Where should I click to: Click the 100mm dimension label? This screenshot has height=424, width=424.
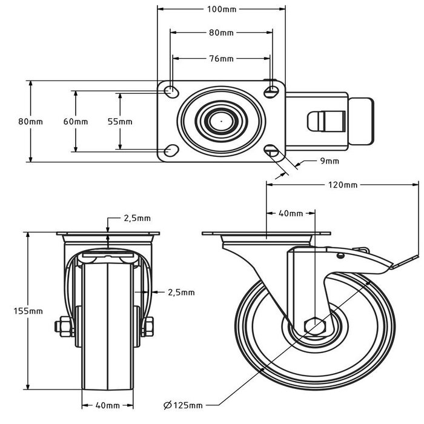click(221, 9)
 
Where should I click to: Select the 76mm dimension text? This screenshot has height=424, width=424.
click(221, 59)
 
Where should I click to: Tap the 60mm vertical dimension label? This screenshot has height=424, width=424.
click(76, 121)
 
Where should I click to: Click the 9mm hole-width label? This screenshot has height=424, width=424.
click(330, 161)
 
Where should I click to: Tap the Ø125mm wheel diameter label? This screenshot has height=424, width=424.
click(183, 405)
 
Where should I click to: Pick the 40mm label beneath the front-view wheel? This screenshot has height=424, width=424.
click(107, 405)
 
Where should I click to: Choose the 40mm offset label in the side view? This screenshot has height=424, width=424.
click(291, 213)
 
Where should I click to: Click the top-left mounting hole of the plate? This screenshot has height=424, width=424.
click(172, 91)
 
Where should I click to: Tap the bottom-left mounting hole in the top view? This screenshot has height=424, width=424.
click(172, 150)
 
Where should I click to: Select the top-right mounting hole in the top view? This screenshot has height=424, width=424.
click(271, 90)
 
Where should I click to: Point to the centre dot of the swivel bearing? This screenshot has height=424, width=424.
click(221, 121)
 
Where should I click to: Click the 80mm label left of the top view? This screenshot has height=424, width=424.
click(30, 121)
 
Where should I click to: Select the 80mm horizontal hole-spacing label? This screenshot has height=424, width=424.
click(221, 33)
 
